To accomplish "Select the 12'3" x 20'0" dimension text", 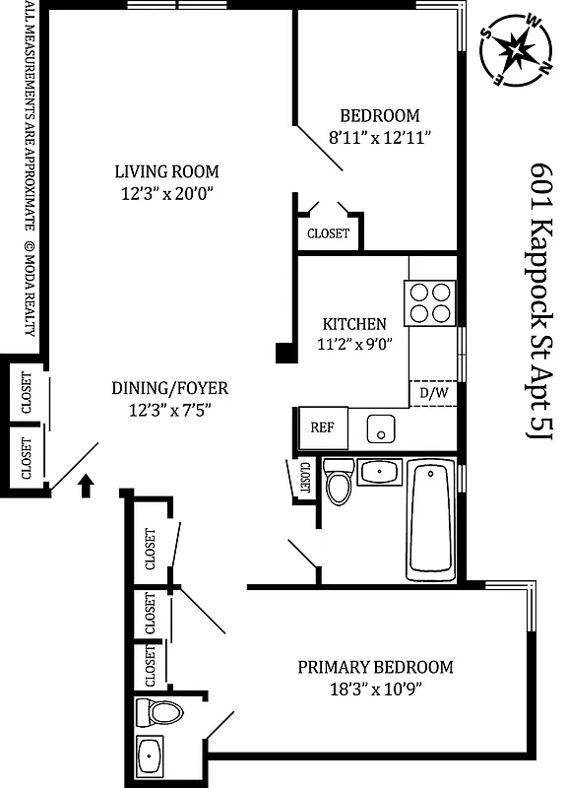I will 165,193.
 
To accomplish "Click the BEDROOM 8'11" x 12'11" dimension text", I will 380,137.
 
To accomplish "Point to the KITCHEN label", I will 354,323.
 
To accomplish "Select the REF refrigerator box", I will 322,427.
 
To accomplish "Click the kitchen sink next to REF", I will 380,429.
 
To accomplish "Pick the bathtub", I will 432,523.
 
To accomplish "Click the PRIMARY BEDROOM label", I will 375,667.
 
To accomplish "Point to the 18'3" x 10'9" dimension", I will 375,689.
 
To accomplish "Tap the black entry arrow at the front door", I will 86,483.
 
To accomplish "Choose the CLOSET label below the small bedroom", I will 328,233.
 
